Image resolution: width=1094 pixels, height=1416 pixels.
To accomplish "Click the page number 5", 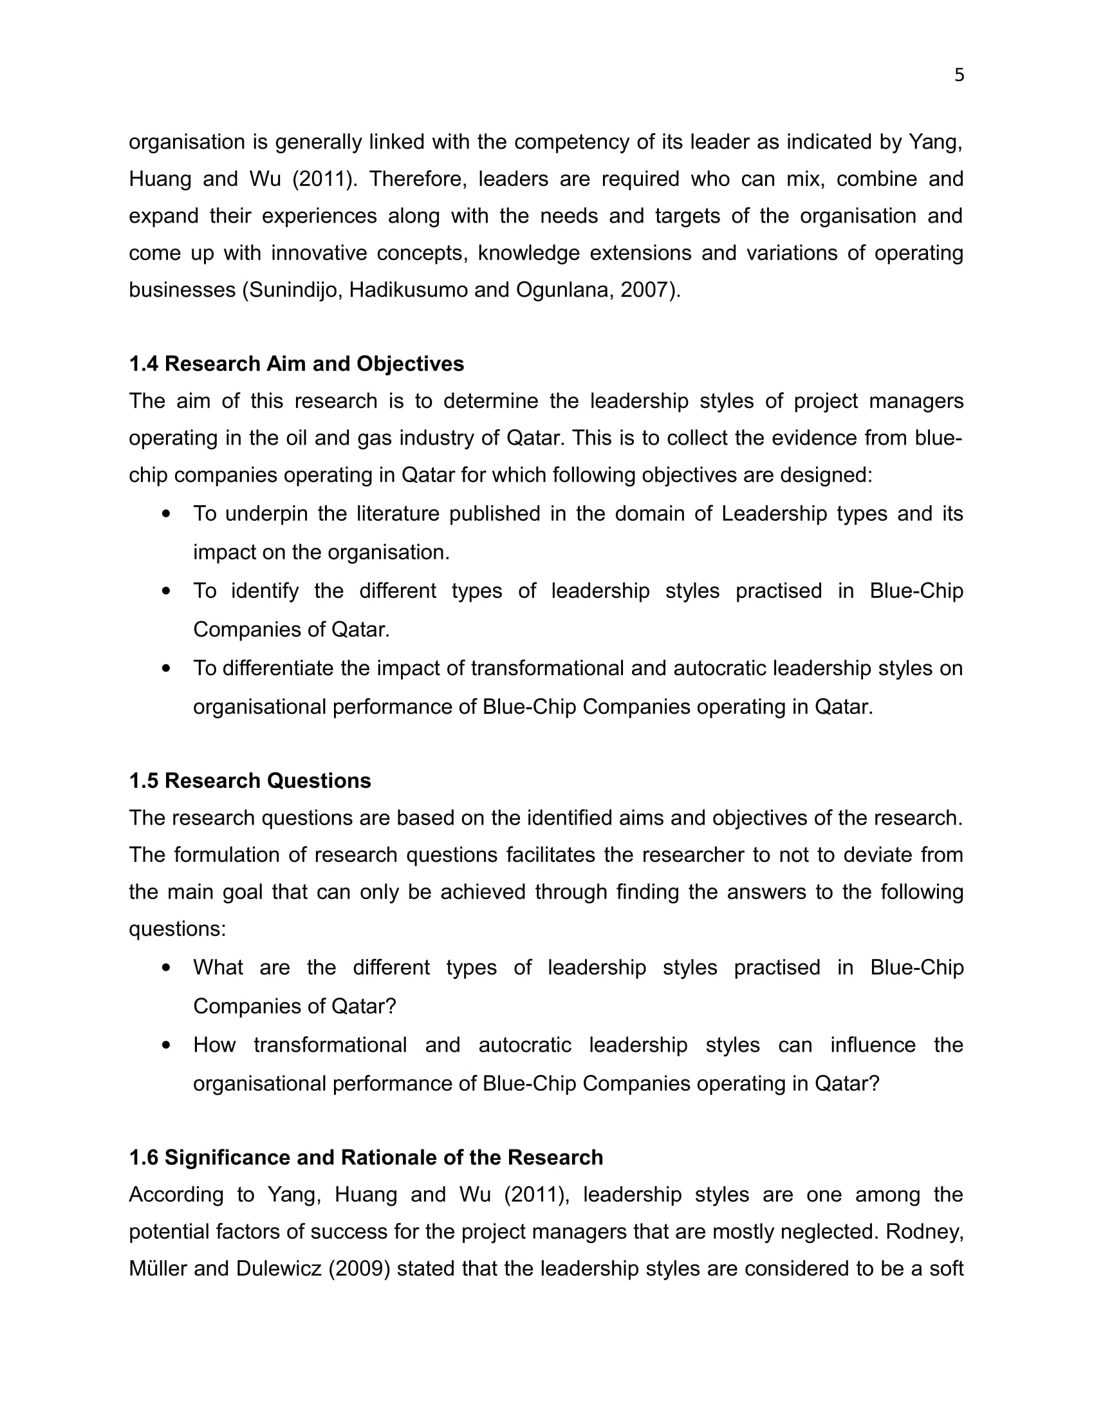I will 960,75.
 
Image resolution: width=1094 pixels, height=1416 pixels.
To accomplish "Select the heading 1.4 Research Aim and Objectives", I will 296,364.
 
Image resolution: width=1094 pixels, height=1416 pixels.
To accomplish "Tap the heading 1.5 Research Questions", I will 250,781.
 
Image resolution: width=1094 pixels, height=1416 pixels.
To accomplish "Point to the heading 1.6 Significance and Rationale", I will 366,1157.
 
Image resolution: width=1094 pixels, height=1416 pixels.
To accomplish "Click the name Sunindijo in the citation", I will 295,290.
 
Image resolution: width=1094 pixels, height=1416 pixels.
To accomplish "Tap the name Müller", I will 158,1269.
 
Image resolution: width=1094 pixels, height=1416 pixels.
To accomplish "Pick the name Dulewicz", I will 279,1269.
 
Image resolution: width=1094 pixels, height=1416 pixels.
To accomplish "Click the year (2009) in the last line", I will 359,1269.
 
